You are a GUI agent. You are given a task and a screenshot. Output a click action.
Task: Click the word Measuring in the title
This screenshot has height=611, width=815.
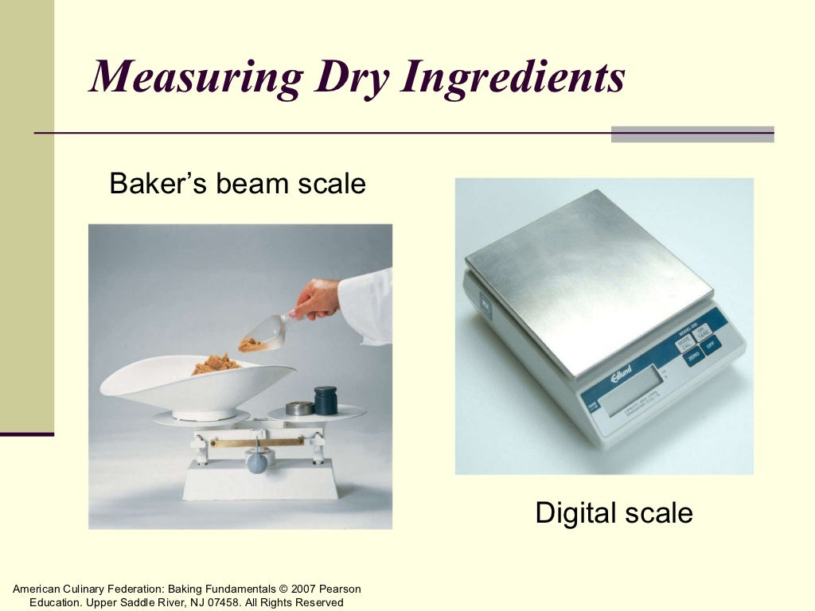(x=195, y=77)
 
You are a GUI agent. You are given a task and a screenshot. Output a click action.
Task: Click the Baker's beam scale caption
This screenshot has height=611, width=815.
(x=237, y=184)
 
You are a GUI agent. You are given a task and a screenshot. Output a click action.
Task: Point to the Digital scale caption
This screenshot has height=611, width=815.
(x=614, y=512)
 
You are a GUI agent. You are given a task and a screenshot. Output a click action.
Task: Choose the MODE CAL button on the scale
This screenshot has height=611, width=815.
(x=685, y=343)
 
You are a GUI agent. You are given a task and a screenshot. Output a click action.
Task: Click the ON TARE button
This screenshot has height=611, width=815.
(x=704, y=332)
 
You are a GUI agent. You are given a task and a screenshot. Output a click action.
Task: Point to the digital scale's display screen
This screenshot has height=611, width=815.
(x=634, y=391)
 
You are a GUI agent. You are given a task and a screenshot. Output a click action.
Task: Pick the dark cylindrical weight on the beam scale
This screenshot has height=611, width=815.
(x=325, y=400)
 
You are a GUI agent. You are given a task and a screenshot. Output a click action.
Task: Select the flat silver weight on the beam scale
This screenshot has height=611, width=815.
(x=299, y=408)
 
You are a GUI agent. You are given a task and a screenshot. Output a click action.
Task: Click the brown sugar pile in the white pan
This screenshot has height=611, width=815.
(x=215, y=364)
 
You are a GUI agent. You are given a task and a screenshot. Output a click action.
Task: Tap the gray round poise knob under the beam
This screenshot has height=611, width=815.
(x=256, y=461)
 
